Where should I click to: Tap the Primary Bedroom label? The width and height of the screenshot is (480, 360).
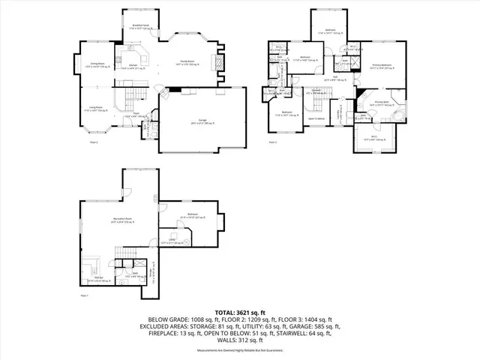tap(382, 66)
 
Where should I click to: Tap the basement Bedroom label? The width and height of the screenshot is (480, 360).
tap(191, 214)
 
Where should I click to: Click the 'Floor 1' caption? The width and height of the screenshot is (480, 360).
tap(84, 295)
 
